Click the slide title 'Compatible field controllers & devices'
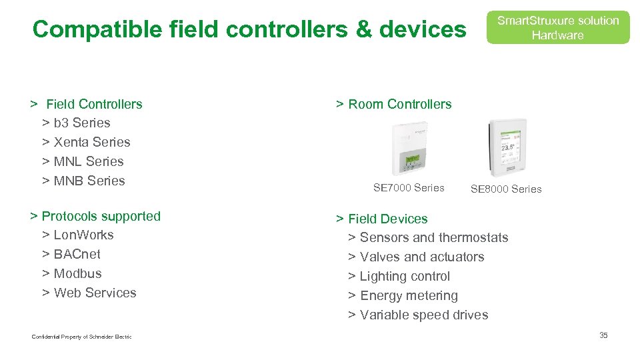pos(249,29)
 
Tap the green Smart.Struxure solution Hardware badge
pos(557,28)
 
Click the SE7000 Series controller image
pos(410,149)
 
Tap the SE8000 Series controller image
pos(507,148)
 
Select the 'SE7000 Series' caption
pos(409,188)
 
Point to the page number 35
pos(603,335)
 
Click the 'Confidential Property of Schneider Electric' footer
pos(81,337)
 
